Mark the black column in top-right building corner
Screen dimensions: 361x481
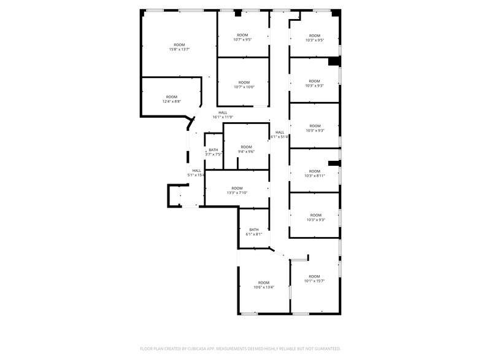click(x=336, y=14)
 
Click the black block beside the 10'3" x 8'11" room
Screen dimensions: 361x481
click(x=333, y=163)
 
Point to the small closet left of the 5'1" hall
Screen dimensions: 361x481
click(x=175, y=196)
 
